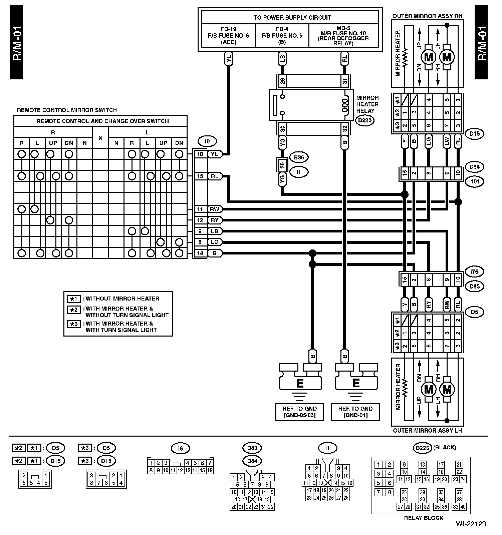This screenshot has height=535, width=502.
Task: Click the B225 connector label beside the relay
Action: [364, 120]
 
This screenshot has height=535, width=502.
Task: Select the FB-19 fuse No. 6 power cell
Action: [228, 36]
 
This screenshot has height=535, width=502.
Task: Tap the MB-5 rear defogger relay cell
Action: [343, 36]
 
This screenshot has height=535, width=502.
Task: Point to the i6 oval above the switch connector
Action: [207, 141]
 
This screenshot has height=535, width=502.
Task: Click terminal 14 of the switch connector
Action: [200, 253]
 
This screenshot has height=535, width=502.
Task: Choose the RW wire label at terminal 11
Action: [214, 209]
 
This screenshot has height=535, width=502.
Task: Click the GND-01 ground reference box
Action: [355, 412]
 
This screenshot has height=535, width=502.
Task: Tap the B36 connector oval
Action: [299, 157]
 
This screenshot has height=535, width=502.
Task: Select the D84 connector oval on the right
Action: [474, 167]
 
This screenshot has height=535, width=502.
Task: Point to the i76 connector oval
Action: [474, 272]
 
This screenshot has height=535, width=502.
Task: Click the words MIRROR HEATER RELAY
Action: [367, 104]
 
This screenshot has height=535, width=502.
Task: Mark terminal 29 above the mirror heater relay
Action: [282, 81]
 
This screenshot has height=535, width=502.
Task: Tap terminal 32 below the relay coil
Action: [345, 128]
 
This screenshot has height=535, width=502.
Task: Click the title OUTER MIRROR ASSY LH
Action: [427, 430]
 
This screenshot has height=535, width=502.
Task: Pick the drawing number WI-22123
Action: [471, 524]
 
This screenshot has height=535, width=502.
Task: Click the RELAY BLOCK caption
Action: [424, 518]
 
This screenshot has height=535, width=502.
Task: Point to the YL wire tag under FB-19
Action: [228, 59]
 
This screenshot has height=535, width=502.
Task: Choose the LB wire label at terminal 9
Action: [214, 231]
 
